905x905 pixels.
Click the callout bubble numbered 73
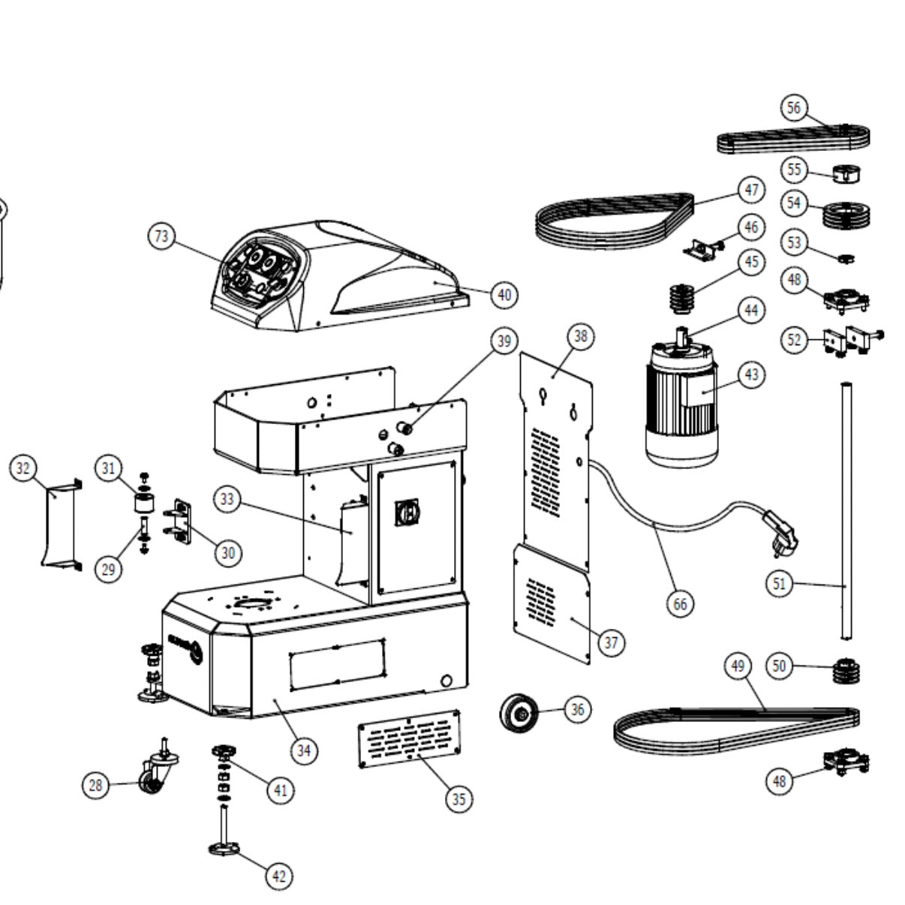[x=161, y=236]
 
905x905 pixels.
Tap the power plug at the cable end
[x=781, y=532]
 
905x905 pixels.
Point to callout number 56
[x=794, y=107]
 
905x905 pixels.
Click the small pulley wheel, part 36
[x=519, y=712]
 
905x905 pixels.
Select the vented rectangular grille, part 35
[x=410, y=738]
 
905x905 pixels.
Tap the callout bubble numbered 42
[x=279, y=876]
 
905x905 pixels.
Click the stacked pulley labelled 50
[x=847, y=669]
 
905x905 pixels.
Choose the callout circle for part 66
[x=681, y=604]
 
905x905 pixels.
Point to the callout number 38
[x=581, y=336]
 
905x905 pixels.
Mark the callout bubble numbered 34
[x=303, y=750]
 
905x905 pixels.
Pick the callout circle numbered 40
[x=504, y=295]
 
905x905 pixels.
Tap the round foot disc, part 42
[x=224, y=849]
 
